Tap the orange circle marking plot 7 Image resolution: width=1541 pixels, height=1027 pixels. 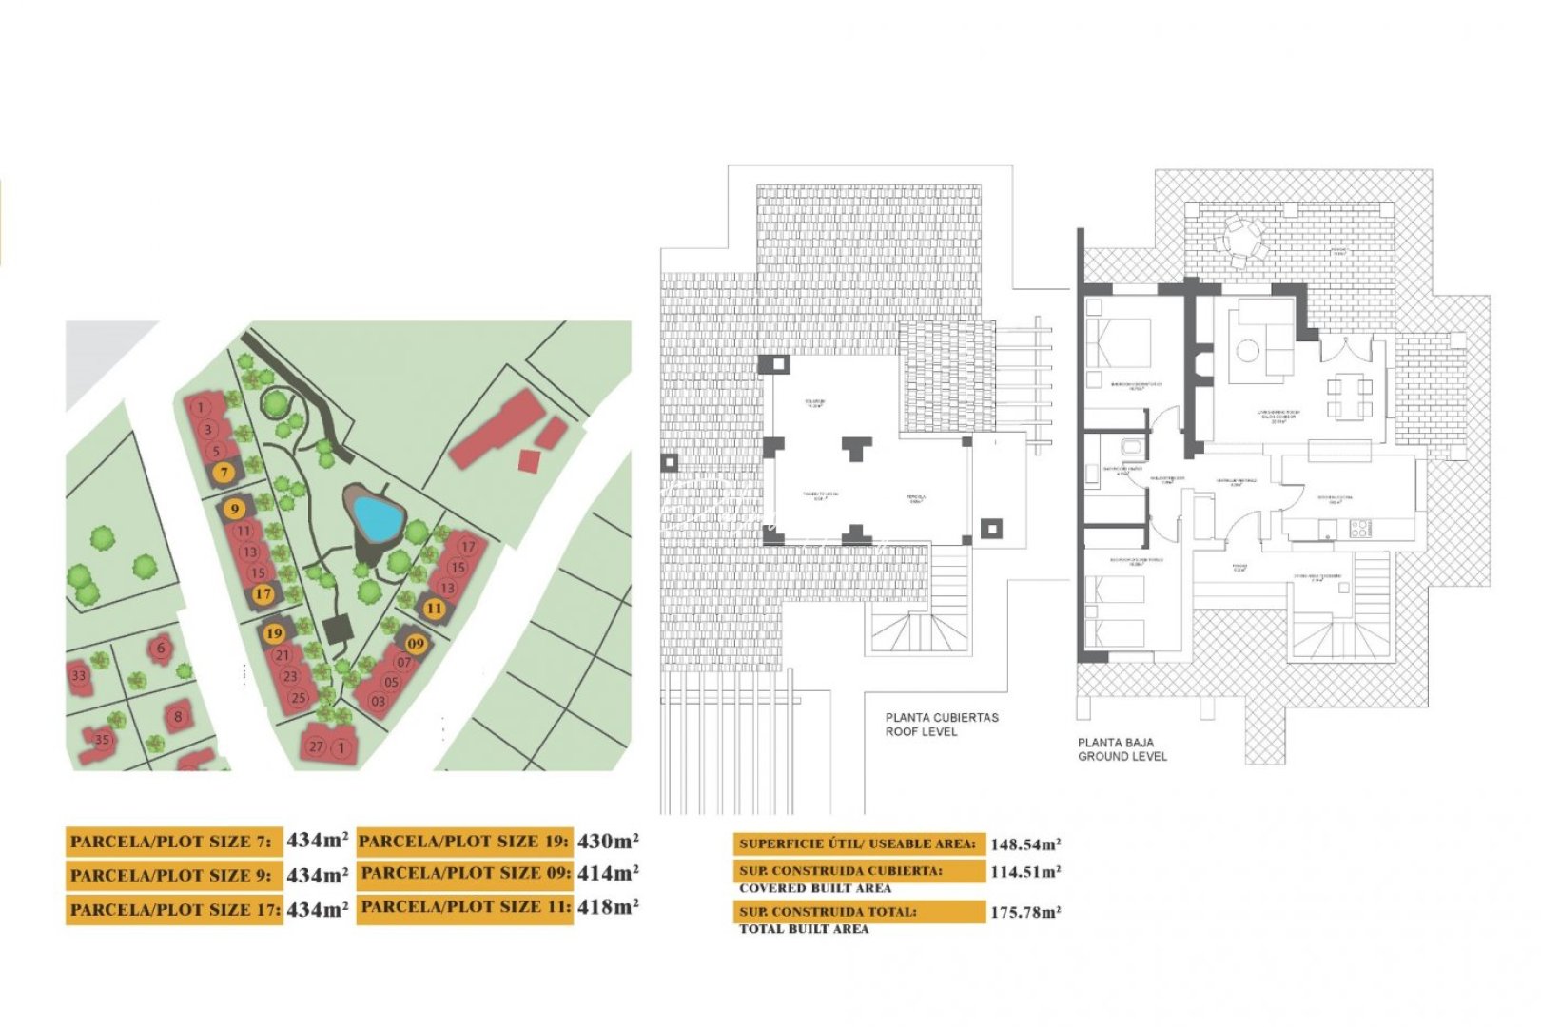224,473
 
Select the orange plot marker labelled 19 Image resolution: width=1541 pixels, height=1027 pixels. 274,632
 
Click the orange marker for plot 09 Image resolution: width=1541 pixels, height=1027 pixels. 416,644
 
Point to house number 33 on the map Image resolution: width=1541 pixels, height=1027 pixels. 78,676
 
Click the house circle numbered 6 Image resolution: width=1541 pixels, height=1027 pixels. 161,648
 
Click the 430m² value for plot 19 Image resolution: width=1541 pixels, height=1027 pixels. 608,841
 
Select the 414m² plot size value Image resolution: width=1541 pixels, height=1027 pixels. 608,873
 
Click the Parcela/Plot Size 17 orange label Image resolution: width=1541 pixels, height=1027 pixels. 174,909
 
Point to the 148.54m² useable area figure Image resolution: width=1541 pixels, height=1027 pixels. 1025,844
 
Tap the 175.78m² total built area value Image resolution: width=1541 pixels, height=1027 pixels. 1025,912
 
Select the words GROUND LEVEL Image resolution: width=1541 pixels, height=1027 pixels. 1122,757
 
